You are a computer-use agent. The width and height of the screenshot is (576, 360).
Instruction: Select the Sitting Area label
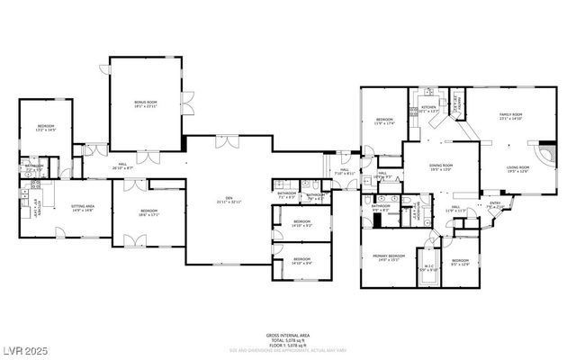pyautogui.click(x=84, y=207)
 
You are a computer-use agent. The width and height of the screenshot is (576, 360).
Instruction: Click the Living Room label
pyautogui.click(x=517, y=167)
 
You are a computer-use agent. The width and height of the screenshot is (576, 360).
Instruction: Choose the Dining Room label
pyautogui.click(x=440, y=166)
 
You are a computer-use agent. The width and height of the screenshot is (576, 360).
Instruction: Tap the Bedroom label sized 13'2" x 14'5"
pyautogui.click(x=46, y=127)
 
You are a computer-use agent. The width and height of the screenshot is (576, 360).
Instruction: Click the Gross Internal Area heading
pyautogui.click(x=288, y=333)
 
